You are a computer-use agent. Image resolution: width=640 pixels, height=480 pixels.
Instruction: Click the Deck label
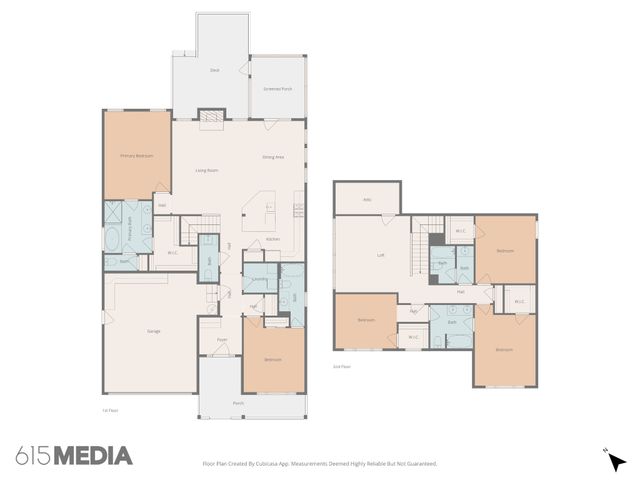214,70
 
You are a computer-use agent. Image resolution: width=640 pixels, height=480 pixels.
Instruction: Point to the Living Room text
207,171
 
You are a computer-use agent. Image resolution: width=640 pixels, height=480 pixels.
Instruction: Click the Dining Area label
273,157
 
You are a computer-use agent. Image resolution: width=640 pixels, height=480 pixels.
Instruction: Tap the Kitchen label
273,240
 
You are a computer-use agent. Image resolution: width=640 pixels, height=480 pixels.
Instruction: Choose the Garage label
154,331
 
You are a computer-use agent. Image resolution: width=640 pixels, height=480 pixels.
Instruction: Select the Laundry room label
259,279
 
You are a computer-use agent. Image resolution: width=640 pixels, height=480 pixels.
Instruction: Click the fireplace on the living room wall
210,122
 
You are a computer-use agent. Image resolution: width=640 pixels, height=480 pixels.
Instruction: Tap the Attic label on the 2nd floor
367,200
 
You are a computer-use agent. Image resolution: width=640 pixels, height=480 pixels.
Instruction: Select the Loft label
380,256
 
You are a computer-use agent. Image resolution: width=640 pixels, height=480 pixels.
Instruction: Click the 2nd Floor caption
342,367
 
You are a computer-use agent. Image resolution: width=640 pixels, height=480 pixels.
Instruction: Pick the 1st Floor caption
111,410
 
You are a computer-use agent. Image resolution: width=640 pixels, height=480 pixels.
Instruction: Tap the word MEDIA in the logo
93,456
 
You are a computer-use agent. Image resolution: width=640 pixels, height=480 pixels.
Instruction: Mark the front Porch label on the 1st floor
238,404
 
